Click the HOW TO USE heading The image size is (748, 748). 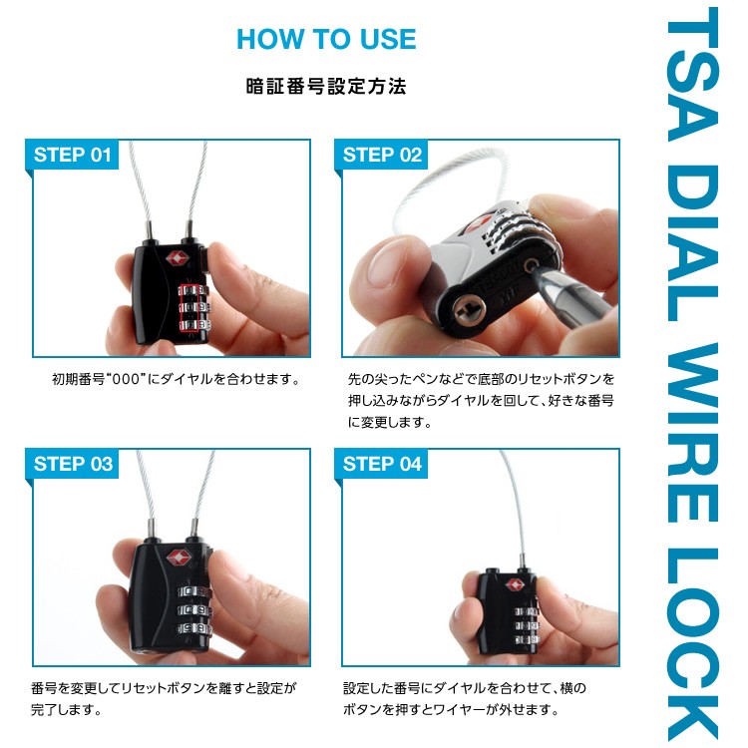coord(326,39)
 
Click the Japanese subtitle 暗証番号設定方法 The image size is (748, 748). coord(326,87)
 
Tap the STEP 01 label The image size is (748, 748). coord(73,155)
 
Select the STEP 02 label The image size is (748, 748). coord(382,155)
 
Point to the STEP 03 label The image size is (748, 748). coord(73,464)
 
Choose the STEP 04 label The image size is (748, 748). coord(382,464)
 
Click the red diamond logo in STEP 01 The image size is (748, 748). coord(177,259)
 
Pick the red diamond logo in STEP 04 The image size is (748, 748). coord(515,584)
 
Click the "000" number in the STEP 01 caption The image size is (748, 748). coord(126,380)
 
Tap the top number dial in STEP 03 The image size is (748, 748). coord(194,592)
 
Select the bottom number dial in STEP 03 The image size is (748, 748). coord(194,629)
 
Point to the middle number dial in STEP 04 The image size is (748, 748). coord(528,625)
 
